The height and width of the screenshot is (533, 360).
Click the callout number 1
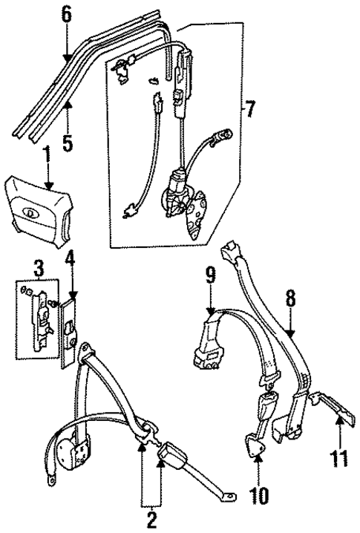(46, 157)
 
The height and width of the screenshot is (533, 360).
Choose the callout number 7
(249, 111)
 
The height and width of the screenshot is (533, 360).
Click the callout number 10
(256, 493)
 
